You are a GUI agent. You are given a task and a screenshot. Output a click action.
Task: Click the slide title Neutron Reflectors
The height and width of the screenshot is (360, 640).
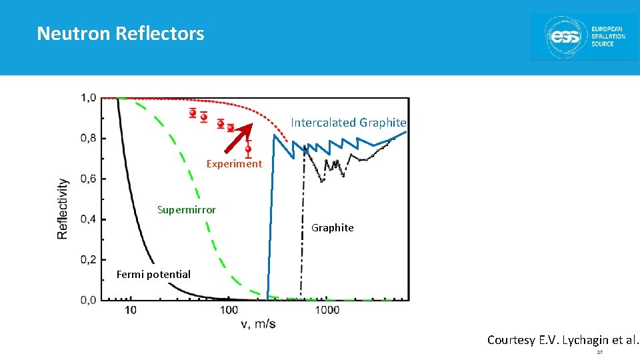pyautogui.click(x=121, y=33)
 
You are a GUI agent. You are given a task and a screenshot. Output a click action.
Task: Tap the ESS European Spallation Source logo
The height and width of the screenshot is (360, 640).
pyautogui.click(x=584, y=37)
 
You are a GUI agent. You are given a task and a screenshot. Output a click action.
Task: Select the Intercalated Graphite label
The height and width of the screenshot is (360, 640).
pyautogui.click(x=348, y=123)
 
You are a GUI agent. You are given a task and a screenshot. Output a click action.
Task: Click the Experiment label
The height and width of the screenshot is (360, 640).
pyautogui.click(x=234, y=164)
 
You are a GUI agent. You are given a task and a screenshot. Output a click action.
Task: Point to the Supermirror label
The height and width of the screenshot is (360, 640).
pyautogui.click(x=187, y=210)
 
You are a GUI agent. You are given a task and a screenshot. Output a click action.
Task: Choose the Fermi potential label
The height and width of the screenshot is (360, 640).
pyautogui.click(x=153, y=275)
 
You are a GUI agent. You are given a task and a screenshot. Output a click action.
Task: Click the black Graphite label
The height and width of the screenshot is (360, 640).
pyautogui.click(x=333, y=228)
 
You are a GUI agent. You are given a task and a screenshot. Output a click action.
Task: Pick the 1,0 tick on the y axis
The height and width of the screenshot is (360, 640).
pyautogui.click(x=89, y=98)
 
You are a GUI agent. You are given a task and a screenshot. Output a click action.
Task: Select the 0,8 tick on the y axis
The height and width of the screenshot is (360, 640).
pyautogui.click(x=89, y=139)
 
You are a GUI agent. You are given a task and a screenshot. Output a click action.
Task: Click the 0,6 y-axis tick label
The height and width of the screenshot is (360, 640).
pyautogui.click(x=89, y=179)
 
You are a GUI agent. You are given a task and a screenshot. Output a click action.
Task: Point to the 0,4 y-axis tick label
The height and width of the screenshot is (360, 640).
pyautogui.click(x=89, y=219)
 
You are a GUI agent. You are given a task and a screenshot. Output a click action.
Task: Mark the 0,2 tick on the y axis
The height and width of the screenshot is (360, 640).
pyautogui.click(x=89, y=259)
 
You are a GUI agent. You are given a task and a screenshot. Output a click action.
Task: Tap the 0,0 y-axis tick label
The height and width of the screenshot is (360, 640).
pyautogui.click(x=89, y=300)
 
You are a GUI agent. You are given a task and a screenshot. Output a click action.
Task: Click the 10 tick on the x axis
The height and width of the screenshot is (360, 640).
pyautogui.click(x=131, y=310)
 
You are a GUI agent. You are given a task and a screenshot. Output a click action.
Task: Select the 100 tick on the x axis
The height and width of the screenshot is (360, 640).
pyautogui.click(x=229, y=310)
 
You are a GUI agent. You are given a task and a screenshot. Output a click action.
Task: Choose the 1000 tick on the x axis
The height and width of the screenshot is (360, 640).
pyautogui.click(x=327, y=310)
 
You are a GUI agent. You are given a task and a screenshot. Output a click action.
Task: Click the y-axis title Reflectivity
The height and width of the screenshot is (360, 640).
pyautogui.click(x=63, y=208)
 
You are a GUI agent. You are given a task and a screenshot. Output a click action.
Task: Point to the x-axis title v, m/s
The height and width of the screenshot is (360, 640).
pyautogui.click(x=257, y=325)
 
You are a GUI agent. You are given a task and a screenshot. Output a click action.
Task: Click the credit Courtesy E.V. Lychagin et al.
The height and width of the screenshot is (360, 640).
pyautogui.click(x=563, y=340)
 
